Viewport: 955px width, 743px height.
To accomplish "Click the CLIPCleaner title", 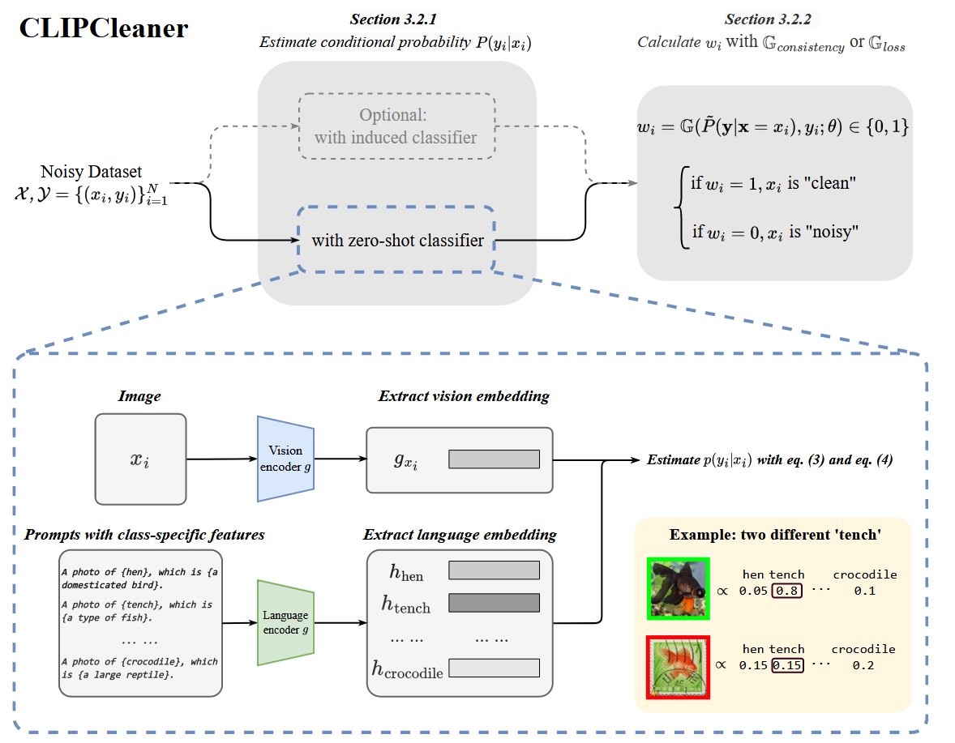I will (104, 29).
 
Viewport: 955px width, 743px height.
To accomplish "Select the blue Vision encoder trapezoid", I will (285, 458).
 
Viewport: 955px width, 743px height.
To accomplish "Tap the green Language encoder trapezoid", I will (285, 622).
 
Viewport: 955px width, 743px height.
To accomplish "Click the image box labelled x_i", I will (140, 459).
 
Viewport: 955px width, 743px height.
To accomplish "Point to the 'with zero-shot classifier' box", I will (397, 240).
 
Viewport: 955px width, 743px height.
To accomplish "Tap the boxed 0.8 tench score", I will (786, 591).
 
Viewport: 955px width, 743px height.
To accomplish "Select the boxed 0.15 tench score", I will (787, 665).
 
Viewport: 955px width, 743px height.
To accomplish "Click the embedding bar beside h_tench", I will (494, 604).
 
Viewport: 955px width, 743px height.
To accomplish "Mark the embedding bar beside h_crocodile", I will (494, 668).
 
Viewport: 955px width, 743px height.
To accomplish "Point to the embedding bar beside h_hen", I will (494, 570).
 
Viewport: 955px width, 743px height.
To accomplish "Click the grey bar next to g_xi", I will (494, 459).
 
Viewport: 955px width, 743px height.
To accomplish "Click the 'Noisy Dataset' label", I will (91, 172).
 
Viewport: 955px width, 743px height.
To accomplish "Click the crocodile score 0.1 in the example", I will (864, 591).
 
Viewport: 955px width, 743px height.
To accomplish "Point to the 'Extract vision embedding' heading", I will (464, 396).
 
